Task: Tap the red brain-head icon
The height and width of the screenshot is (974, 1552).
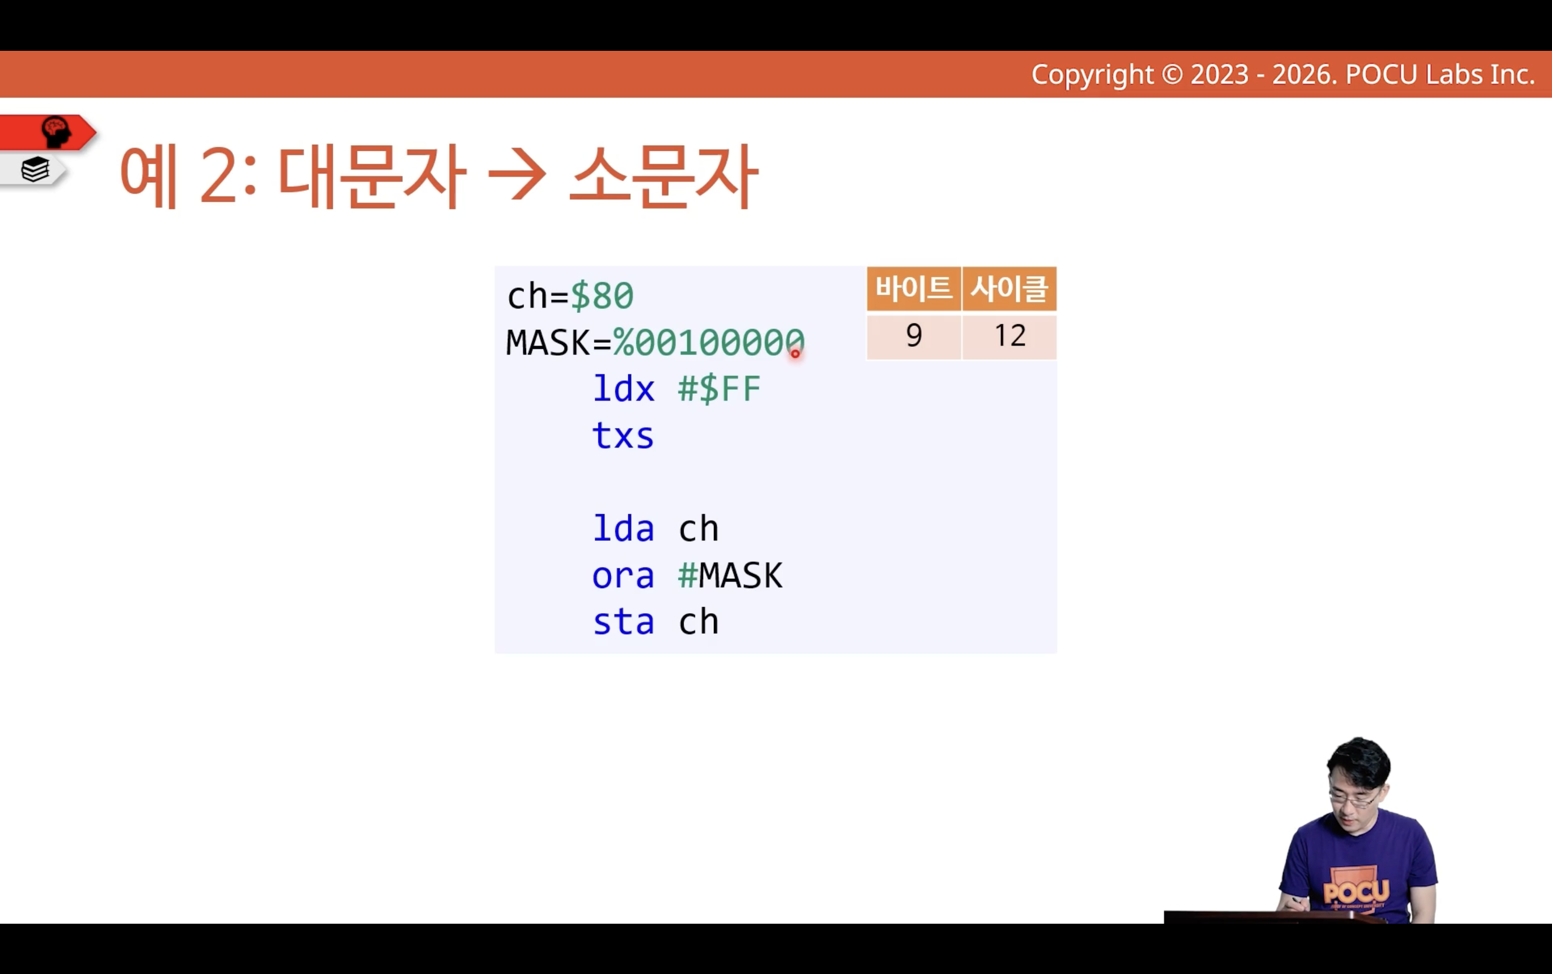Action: pos(56,131)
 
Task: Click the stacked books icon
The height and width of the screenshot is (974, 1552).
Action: pos(35,169)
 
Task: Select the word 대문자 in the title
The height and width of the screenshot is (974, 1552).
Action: pos(372,176)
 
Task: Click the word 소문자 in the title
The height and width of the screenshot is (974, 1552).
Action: pos(664,176)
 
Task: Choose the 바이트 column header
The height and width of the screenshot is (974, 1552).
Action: pos(914,288)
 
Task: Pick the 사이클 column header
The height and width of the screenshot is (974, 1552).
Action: pos(1009,288)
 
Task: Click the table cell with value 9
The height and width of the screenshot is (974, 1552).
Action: pos(914,336)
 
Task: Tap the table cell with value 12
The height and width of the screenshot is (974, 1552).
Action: pos(1009,336)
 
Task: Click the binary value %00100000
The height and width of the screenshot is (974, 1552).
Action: pos(708,342)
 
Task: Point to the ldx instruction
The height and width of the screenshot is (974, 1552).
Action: pos(623,388)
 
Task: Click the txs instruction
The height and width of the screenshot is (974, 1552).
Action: pos(623,436)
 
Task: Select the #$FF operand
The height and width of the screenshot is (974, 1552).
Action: pos(719,388)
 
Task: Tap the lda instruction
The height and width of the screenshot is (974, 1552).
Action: pos(623,528)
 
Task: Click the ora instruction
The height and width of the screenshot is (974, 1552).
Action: pos(623,575)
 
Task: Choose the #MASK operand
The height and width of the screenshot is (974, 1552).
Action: pos(730,575)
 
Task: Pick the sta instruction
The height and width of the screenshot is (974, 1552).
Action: pos(623,621)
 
